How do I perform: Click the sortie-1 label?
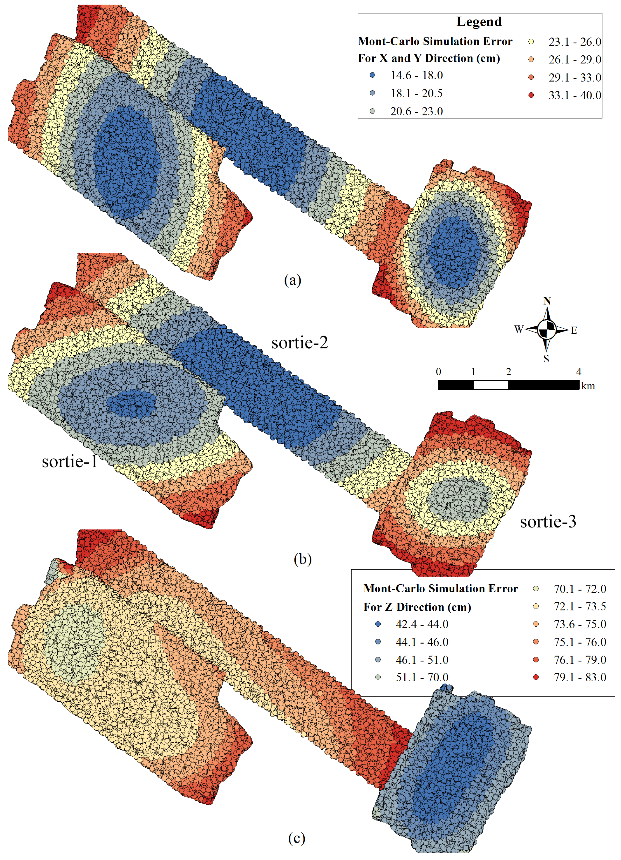click(x=70, y=461)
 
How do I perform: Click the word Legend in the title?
click(x=479, y=22)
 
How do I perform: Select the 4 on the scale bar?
click(x=578, y=372)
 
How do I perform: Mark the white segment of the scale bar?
click(x=491, y=385)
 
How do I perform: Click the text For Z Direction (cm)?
click(x=417, y=607)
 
